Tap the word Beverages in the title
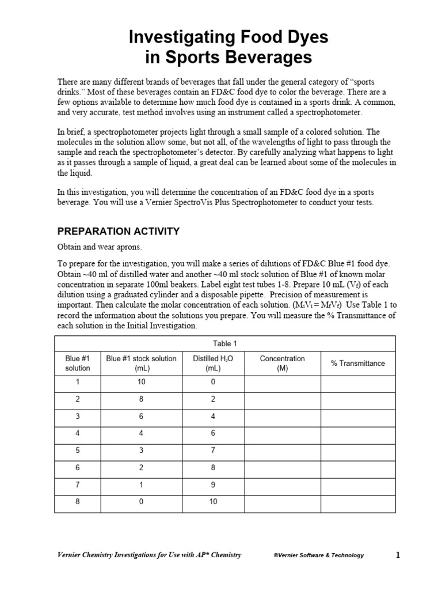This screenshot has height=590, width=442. pyautogui.click(x=270, y=58)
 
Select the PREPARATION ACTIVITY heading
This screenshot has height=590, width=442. pyautogui.click(x=118, y=232)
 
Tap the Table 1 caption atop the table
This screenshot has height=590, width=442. pyautogui.click(x=225, y=344)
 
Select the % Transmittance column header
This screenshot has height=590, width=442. pyautogui.click(x=357, y=363)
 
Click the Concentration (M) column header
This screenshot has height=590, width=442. pyautogui.click(x=282, y=363)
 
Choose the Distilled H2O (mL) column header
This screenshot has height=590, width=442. pyautogui.click(x=213, y=363)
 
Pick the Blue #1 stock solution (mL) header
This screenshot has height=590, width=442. pyautogui.click(x=141, y=363)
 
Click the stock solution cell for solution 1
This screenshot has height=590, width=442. pyautogui.click(x=141, y=382)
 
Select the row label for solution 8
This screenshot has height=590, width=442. pyautogui.click(x=78, y=502)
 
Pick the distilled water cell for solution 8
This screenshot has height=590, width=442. pyautogui.click(x=213, y=502)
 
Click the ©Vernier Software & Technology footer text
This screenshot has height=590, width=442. pyautogui.click(x=318, y=555)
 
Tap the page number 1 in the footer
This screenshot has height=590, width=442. pyautogui.click(x=397, y=555)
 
